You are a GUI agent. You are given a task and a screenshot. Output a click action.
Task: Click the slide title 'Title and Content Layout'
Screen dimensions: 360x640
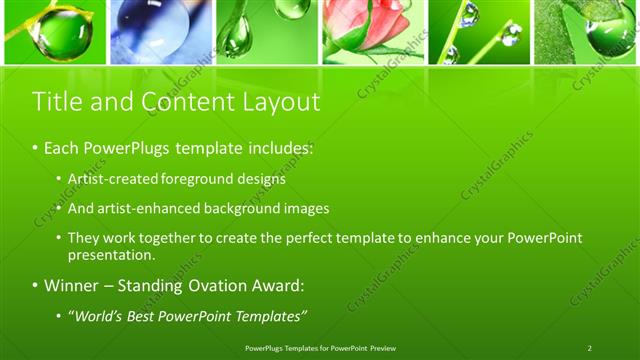coord(176,102)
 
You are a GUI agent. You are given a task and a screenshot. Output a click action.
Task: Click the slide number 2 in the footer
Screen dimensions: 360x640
coord(589,348)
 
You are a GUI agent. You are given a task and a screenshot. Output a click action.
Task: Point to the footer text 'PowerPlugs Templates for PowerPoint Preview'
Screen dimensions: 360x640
coord(319,348)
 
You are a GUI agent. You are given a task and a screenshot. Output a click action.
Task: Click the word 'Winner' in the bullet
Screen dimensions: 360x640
coord(72,286)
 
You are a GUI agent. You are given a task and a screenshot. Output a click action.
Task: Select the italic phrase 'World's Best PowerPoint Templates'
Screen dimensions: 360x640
coord(187,317)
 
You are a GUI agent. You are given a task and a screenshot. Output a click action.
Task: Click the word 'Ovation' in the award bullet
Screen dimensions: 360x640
coord(222,286)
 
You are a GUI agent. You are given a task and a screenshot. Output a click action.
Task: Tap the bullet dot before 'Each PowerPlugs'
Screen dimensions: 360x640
coord(36,148)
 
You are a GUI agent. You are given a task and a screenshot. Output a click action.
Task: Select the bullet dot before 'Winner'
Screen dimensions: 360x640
coord(36,286)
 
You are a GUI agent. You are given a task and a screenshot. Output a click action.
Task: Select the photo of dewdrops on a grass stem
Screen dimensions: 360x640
coord(478,32)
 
